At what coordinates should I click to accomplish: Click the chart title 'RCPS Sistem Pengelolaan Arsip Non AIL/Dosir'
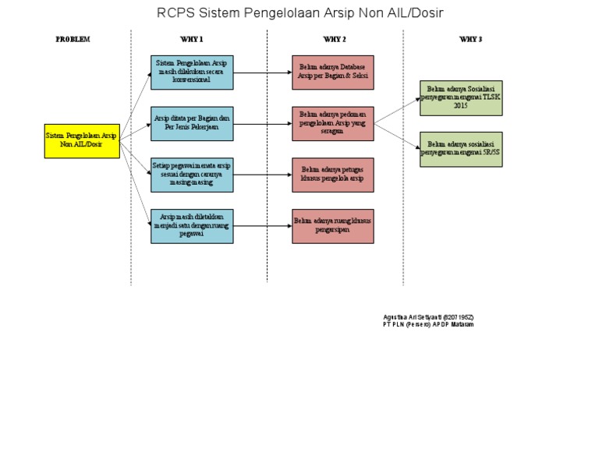(300, 13)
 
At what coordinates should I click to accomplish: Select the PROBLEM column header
(73, 39)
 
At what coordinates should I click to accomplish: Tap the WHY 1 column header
(191, 39)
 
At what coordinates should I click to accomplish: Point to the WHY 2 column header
(335, 39)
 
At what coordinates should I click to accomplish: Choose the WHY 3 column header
(470, 39)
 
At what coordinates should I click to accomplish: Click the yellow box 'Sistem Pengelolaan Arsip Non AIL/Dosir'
(82, 140)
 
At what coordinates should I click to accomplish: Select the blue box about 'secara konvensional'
(192, 72)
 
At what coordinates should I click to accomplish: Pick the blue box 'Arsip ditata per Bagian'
(192, 123)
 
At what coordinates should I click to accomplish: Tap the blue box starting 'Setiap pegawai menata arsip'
(192, 175)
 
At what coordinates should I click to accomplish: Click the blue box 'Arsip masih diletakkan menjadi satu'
(192, 225)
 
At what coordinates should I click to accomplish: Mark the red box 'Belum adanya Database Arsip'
(333, 72)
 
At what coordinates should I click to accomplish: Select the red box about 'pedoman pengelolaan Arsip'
(333, 123)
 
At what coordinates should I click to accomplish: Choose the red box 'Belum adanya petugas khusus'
(333, 175)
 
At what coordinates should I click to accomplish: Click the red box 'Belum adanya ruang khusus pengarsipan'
(333, 225)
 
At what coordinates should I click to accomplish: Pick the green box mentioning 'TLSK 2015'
(461, 98)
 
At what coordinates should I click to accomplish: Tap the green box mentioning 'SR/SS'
(461, 149)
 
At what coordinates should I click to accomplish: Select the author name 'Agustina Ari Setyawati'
(428, 317)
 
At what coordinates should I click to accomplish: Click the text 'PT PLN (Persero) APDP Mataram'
(428, 325)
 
